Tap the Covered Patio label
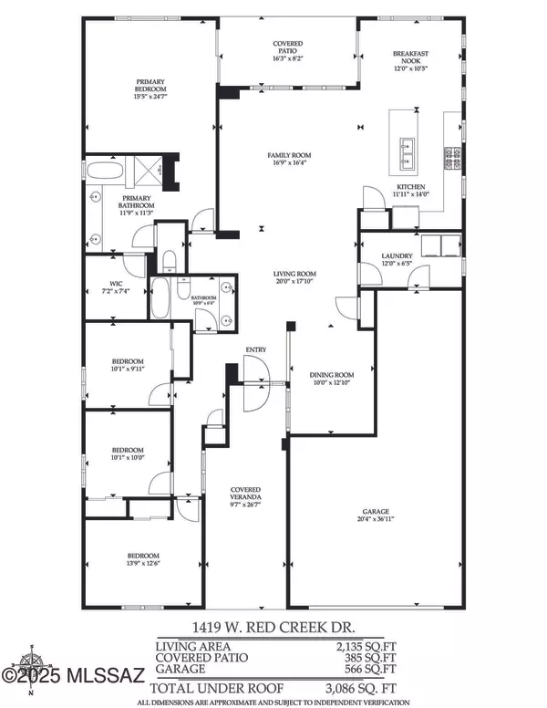click(288, 48)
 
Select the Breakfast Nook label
click(410, 59)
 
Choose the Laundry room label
click(397, 260)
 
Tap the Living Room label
click(296, 277)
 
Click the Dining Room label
click(331, 379)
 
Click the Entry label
click(254, 350)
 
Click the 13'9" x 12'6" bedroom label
click(143, 560)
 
